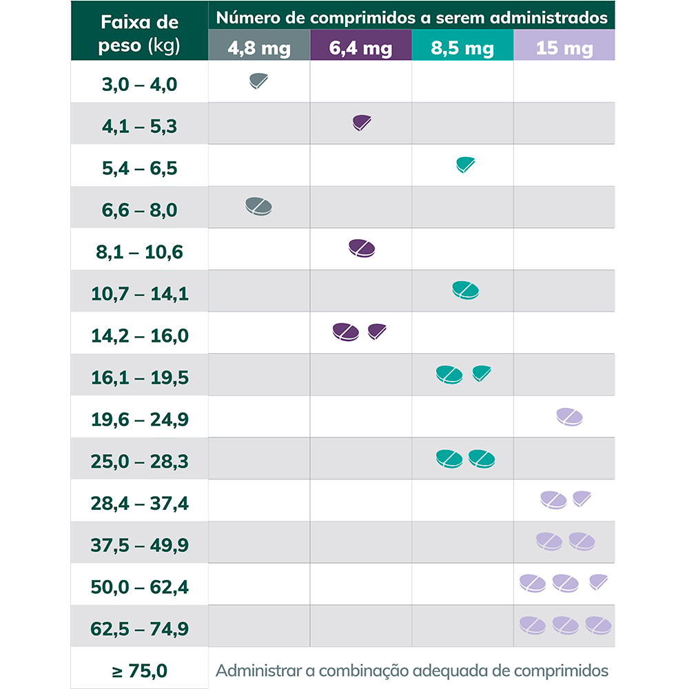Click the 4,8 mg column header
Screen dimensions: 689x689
pos(259,49)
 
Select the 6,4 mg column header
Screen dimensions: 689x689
pos(360,49)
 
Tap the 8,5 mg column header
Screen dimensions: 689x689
pos(462,49)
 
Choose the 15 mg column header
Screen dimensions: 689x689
pos(564,49)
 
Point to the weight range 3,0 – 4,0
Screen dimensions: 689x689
pos(139,85)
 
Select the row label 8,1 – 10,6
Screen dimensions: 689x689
pos(139,252)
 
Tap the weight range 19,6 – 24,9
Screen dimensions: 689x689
pos(139,420)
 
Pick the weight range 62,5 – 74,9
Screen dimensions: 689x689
pos(139,629)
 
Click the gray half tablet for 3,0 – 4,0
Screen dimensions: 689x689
pos(258,81)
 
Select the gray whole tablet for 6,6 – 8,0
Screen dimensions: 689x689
pos(259,206)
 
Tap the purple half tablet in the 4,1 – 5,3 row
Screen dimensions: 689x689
pos(361,123)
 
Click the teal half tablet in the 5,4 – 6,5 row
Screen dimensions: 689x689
pos(465,164)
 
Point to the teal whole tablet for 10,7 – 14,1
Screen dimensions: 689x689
pos(465,290)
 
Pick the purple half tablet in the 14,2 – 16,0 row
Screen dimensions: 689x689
pos(377,331)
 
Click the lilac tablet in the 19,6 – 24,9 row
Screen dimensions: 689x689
pos(570,416)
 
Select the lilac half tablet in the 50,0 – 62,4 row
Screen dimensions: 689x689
pos(599,582)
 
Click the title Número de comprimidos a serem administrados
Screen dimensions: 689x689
pos(412,18)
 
